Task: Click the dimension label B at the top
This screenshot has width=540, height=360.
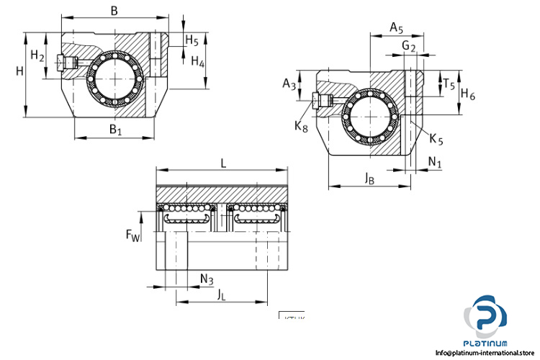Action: (x=114, y=10)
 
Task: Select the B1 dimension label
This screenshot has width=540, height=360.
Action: (x=115, y=130)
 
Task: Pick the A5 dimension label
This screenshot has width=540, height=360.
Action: (x=397, y=27)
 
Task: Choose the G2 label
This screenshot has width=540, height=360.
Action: (x=409, y=47)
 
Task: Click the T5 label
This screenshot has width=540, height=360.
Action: (x=448, y=84)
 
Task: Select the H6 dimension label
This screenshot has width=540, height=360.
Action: (x=468, y=94)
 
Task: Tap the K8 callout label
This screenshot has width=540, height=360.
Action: (x=302, y=127)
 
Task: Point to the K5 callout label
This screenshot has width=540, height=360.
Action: (x=436, y=138)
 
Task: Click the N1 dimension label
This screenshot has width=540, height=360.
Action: (x=435, y=163)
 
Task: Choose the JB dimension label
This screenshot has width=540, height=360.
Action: (x=369, y=177)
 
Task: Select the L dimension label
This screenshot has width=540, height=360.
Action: (x=224, y=163)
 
